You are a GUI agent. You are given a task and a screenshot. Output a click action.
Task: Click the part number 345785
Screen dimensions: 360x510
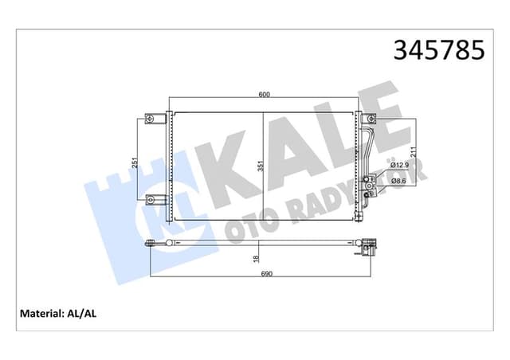click(x=437, y=50)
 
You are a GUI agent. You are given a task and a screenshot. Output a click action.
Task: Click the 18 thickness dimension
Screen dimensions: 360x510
click(x=255, y=258)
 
